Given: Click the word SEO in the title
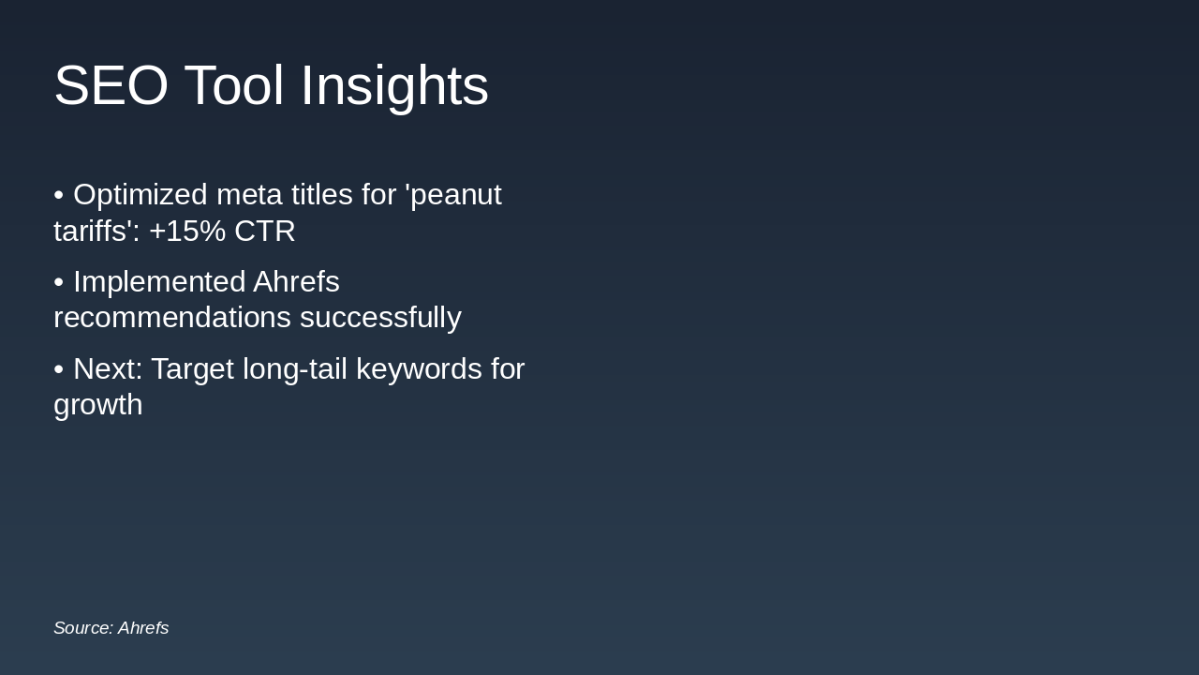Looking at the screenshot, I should point(111,86).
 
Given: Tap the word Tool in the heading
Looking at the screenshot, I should point(233,86).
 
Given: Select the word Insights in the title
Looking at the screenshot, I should point(393,86).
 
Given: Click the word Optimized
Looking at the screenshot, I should point(140,195).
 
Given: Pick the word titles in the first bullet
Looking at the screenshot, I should point(320,195).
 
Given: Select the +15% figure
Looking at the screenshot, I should point(187,231).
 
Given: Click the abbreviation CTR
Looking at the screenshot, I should point(265,231).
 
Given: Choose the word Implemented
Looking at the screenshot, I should point(158,282).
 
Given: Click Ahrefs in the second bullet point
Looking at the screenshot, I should point(296,282).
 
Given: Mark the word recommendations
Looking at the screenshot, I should point(171,318).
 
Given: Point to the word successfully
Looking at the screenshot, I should point(380,318).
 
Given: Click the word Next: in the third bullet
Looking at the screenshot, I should point(108,369).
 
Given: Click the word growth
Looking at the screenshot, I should point(97,405).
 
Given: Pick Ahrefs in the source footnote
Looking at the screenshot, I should point(143,628).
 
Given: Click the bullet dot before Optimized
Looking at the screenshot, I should point(58,196).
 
